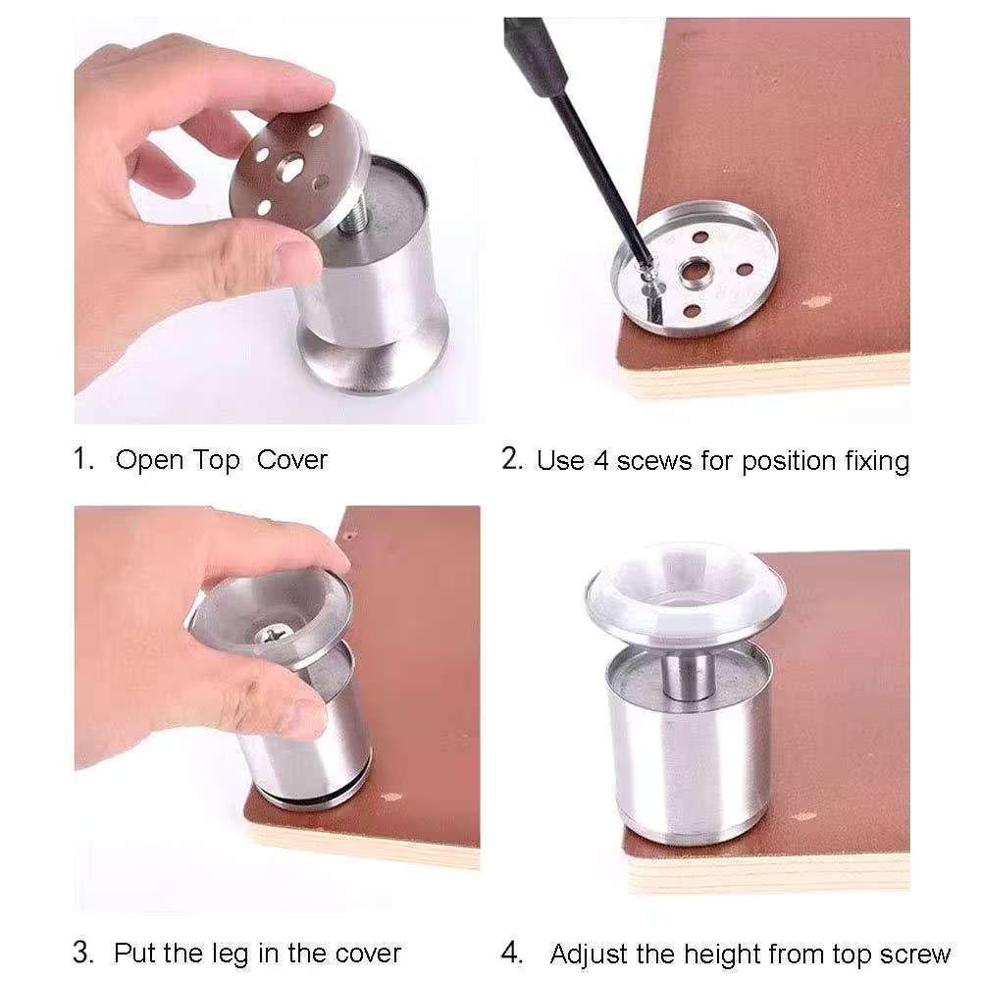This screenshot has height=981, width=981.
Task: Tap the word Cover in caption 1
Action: click(x=292, y=460)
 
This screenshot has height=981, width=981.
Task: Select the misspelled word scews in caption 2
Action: click(x=654, y=462)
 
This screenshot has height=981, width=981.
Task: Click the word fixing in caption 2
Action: click(x=877, y=462)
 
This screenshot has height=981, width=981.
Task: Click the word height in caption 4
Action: click(x=722, y=955)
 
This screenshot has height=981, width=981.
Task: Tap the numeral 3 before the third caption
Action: click(x=81, y=953)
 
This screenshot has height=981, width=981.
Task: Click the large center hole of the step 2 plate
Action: click(x=694, y=271)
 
